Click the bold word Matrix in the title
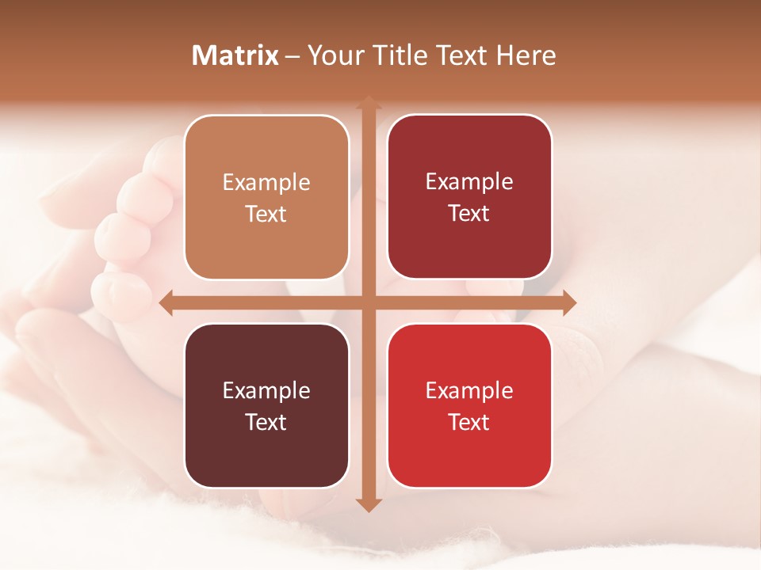[x=235, y=55]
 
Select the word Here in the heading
[x=526, y=55]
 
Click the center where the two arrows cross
[x=368, y=302]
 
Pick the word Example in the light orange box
[x=266, y=183]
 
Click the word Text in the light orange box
[x=266, y=214]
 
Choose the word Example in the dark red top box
[x=469, y=182]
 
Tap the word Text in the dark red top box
[x=469, y=213]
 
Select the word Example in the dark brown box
[x=266, y=391]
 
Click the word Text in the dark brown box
[x=266, y=422]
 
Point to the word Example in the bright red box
[x=469, y=391]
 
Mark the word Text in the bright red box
[x=469, y=422]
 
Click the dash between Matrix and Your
[x=293, y=56]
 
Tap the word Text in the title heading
[x=461, y=55]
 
